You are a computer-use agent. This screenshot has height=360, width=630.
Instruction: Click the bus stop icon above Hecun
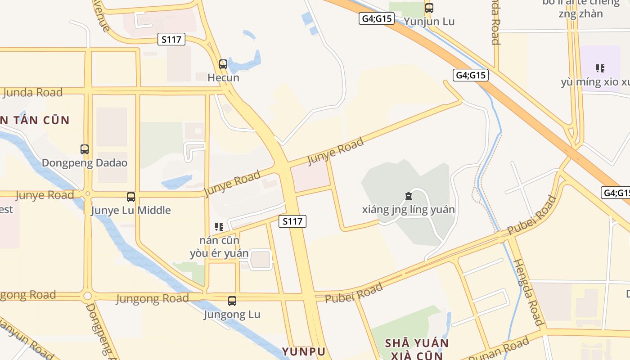click(x=223, y=64)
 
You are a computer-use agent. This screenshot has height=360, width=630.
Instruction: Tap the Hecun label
click(x=223, y=78)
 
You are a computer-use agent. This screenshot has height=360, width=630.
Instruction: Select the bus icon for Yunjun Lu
click(x=429, y=8)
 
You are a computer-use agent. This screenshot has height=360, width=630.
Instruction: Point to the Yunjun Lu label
click(x=429, y=22)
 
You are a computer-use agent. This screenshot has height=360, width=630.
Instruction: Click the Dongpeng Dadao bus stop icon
click(x=85, y=149)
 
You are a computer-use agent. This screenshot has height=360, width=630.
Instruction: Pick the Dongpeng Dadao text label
click(x=85, y=163)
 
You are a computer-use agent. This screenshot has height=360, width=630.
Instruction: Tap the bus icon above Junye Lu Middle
click(x=131, y=197)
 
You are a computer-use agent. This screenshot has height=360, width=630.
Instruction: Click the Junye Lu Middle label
click(x=131, y=210)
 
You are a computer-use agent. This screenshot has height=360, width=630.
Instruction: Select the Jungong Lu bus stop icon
click(x=232, y=301)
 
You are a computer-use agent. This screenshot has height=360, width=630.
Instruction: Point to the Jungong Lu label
click(x=232, y=314)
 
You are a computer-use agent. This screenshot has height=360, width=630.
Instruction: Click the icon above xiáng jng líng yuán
click(x=408, y=196)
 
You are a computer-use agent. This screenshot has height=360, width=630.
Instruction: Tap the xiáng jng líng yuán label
click(x=408, y=210)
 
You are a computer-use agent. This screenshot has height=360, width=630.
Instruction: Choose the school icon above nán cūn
click(x=219, y=226)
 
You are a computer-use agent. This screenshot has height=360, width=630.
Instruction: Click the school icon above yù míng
click(x=600, y=68)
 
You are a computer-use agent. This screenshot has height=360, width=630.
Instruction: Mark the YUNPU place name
click(x=303, y=351)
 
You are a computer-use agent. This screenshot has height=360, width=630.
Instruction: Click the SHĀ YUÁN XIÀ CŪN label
click(x=417, y=349)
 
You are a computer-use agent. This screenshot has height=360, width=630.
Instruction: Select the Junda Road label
click(x=32, y=93)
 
